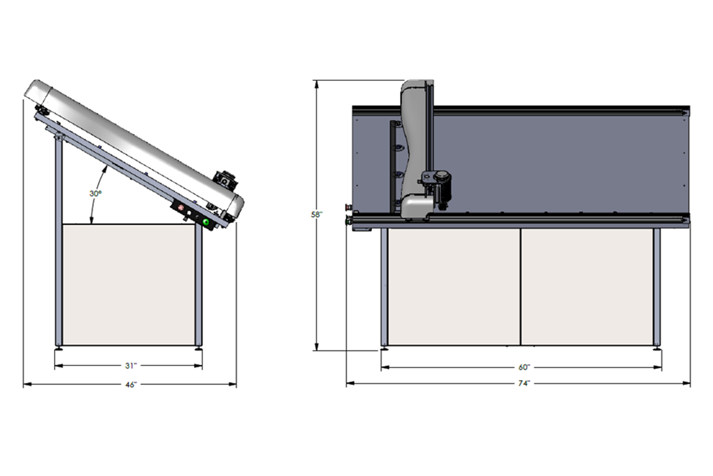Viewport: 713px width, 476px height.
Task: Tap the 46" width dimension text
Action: coord(131,384)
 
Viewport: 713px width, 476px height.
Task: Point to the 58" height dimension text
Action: coord(317,215)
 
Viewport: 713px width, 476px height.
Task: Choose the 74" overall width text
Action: coord(523,384)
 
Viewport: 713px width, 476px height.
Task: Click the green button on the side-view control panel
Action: coord(207,223)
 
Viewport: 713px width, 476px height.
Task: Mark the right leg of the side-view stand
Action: coord(198,286)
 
